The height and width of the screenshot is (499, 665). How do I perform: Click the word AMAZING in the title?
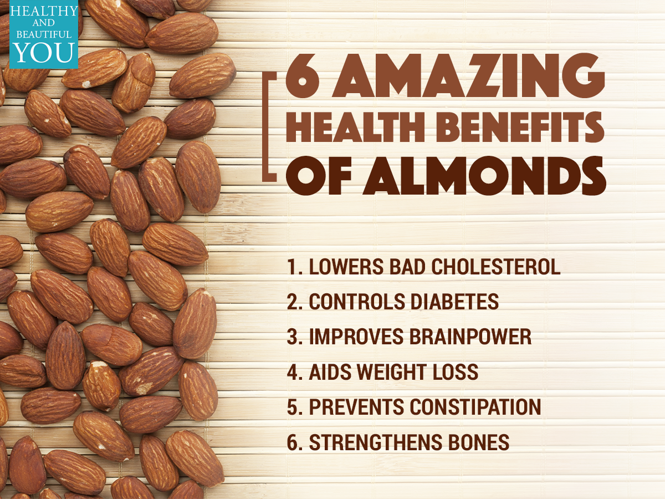pyautogui.click(x=468, y=75)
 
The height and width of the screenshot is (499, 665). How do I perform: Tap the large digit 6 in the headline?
pyautogui.click(x=303, y=75)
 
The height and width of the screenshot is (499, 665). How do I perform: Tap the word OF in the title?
pyautogui.click(x=319, y=176)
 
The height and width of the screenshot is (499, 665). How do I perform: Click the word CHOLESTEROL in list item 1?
pyautogui.click(x=496, y=267)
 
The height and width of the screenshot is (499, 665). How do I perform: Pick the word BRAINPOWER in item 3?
pyautogui.click(x=470, y=337)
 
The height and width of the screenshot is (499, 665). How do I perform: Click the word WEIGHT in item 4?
pyautogui.click(x=393, y=371)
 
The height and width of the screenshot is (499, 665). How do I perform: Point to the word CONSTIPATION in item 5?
pyautogui.click(x=475, y=406)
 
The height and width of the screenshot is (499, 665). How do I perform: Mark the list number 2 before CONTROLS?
pyautogui.click(x=293, y=302)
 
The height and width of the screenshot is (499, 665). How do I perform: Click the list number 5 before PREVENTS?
pyautogui.click(x=293, y=406)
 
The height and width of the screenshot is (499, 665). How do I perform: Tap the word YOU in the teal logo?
pyautogui.click(x=44, y=53)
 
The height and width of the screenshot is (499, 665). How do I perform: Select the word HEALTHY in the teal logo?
pyautogui.click(x=44, y=11)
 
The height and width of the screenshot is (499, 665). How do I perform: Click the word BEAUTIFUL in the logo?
pyautogui.click(x=44, y=34)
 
